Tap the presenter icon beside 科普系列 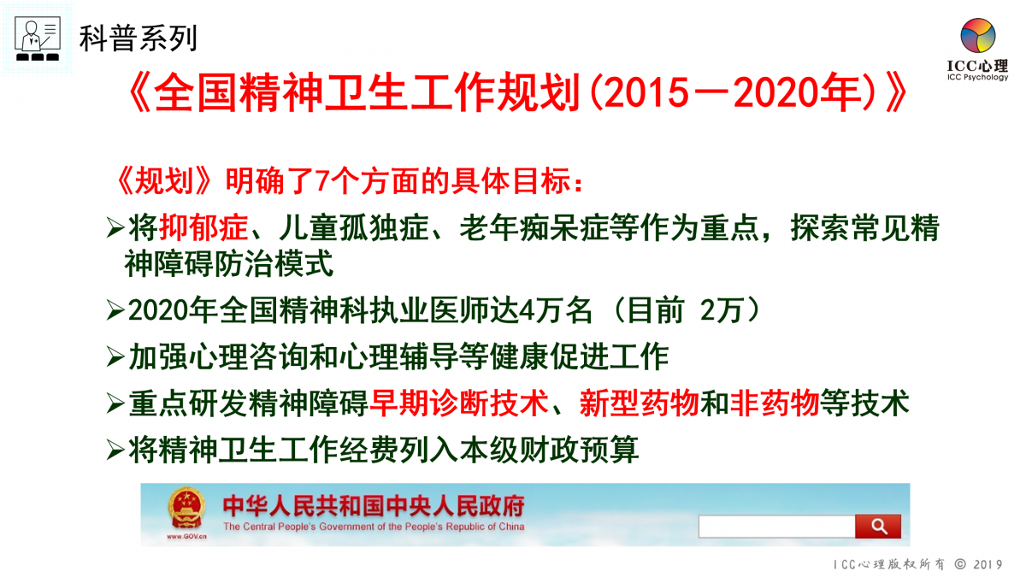click(x=38, y=38)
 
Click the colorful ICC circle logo click(x=978, y=35)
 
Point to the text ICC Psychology click(x=978, y=77)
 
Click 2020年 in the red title click(x=798, y=93)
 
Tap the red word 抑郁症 click(x=203, y=227)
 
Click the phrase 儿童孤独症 click(x=354, y=227)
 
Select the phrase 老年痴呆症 click(x=534, y=227)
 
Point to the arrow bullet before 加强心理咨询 click(x=115, y=356)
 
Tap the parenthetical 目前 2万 click(x=685, y=310)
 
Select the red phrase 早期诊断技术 click(x=459, y=403)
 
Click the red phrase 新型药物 click(x=639, y=403)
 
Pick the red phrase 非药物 click(x=775, y=403)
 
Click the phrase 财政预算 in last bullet click(x=580, y=450)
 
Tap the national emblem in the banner click(x=186, y=509)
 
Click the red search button click(x=877, y=527)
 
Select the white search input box click(x=777, y=527)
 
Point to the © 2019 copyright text click(x=978, y=564)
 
